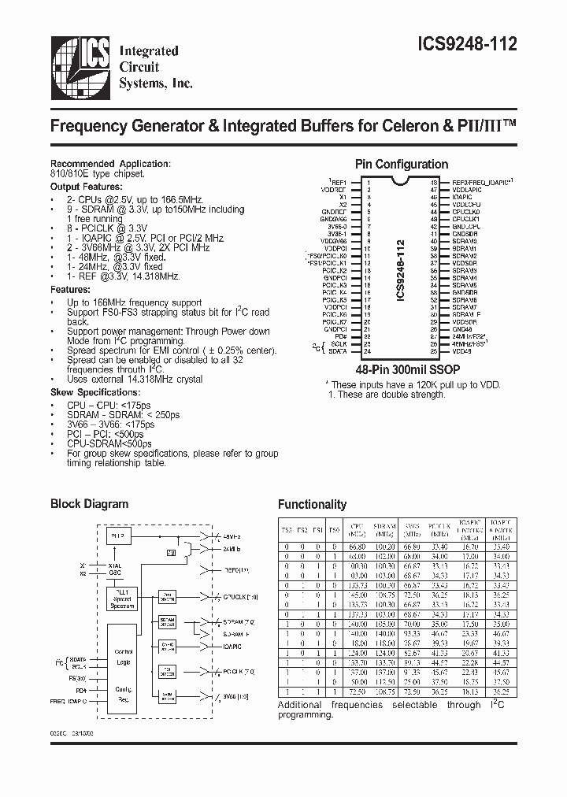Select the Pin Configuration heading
(401, 165)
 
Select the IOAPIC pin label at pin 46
(463, 197)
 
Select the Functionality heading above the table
(312, 505)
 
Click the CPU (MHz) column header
(358, 527)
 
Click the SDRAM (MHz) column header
(386, 527)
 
